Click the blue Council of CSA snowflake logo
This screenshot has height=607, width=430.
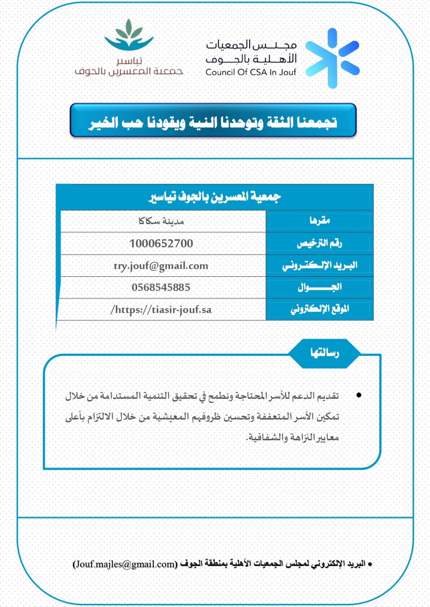[332, 58]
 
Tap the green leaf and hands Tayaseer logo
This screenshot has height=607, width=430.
[129, 36]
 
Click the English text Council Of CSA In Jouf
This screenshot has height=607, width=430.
[251, 72]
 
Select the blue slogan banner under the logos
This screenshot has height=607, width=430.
[213, 121]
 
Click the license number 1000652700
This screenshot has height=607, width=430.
[161, 244]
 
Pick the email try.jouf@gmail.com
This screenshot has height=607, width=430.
[161, 266]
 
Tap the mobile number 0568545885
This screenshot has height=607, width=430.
[161, 287]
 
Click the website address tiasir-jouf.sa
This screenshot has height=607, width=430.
[161, 309]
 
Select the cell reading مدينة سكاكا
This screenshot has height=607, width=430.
[161, 221]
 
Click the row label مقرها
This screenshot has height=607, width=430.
[320, 221]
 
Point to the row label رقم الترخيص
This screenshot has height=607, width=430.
[319, 243]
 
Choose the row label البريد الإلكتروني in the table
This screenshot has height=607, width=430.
[320, 265]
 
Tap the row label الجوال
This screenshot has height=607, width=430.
[320, 287]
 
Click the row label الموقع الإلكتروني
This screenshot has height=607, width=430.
[320, 309]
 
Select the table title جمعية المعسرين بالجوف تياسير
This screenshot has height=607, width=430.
[215, 197]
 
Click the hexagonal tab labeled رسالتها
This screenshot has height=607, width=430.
[324, 353]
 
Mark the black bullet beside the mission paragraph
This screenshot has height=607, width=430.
[359, 395]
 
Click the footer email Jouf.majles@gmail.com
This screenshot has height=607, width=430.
[125, 564]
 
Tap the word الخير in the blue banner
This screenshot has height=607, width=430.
[104, 123]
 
